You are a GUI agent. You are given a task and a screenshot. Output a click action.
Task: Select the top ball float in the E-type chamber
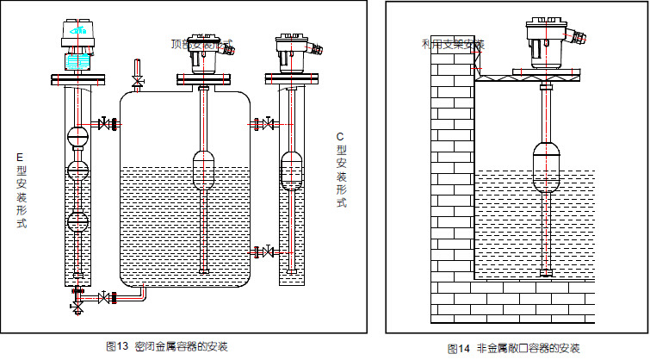pos(78,135)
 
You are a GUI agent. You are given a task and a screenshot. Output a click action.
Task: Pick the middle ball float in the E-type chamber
pos(78,169)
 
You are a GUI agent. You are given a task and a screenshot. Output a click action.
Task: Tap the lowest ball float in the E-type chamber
pos(78,221)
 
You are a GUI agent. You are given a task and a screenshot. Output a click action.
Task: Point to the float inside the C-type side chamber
pos(293,172)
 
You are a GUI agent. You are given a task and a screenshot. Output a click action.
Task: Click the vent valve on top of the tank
pos(136,80)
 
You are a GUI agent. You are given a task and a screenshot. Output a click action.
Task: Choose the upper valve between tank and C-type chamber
pos(269,125)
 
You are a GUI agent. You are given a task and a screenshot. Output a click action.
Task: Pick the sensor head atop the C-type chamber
pos(294,53)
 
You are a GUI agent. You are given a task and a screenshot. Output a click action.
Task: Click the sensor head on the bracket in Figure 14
pos(548,43)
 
